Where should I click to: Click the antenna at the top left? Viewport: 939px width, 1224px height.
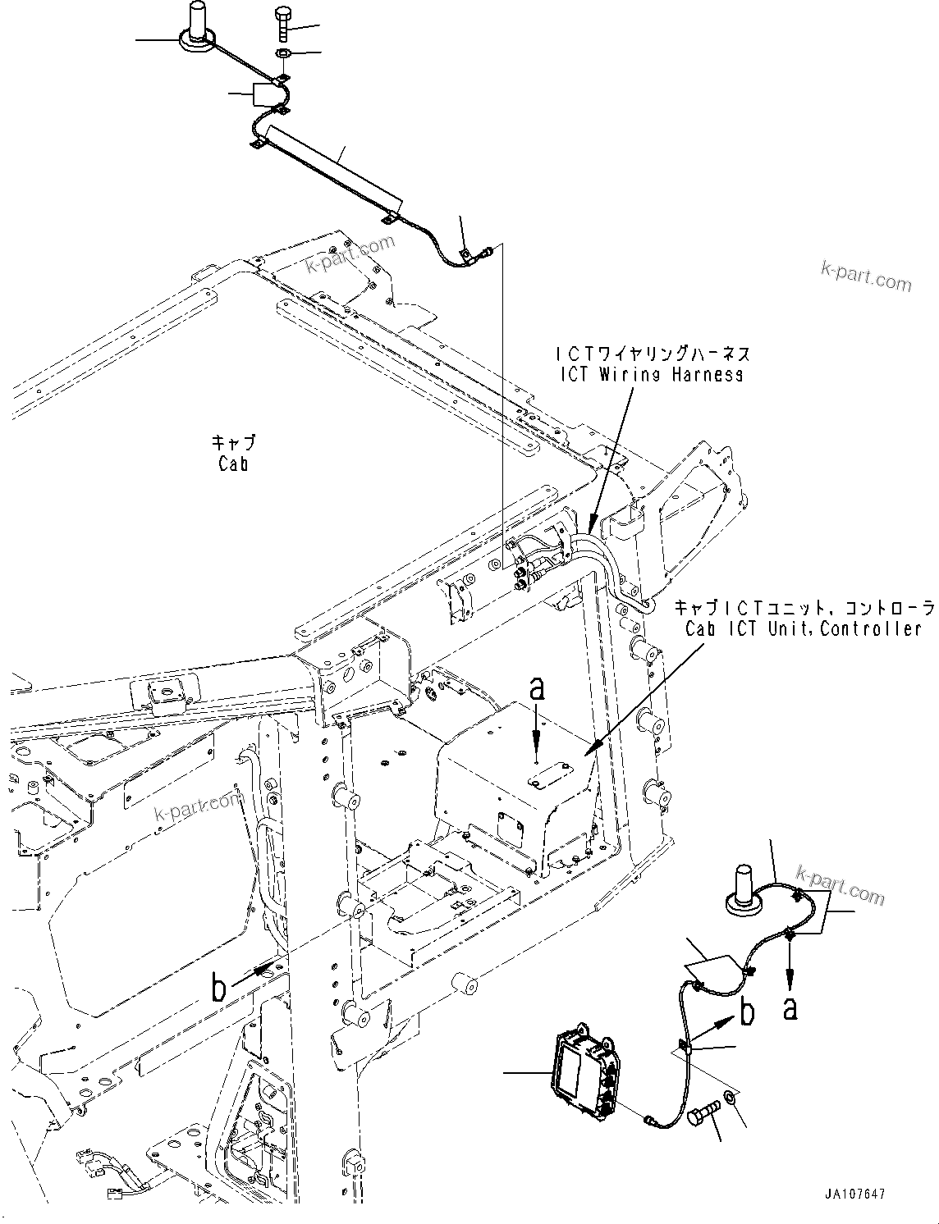[197, 25]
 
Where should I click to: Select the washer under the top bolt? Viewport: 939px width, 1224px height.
[282, 54]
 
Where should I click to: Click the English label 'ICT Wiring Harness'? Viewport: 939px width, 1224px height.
[651, 374]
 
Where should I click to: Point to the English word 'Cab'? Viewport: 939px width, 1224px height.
[233, 464]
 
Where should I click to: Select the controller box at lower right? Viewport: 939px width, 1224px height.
[583, 1066]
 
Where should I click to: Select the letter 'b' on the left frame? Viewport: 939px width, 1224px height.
[218, 988]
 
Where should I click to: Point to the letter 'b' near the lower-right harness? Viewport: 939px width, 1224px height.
[747, 1013]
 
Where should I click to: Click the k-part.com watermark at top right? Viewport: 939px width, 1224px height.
[865, 276]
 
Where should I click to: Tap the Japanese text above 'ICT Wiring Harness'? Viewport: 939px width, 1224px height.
[652, 354]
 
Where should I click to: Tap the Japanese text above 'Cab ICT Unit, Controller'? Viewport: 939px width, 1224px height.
[804, 608]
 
